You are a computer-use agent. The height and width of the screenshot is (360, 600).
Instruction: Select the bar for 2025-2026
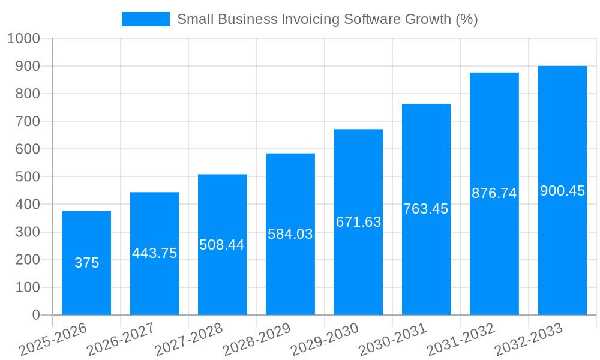point(86,288)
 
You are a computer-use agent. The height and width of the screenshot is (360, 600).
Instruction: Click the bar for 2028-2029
point(290,270)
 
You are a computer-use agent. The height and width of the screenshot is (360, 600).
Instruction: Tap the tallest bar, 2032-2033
point(562,252)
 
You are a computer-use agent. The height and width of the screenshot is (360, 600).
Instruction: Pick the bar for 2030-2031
point(426,264)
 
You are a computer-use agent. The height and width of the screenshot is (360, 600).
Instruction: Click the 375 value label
point(86,263)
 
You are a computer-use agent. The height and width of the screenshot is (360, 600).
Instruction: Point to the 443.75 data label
point(154,253)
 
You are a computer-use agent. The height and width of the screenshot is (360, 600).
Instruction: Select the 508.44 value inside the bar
point(222,245)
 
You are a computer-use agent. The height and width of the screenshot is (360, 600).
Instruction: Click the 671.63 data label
point(358,222)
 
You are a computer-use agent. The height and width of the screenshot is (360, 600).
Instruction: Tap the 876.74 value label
point(494,193)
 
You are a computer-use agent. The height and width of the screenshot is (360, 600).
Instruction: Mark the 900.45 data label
point(562,191)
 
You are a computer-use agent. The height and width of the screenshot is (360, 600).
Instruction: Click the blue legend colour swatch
point(145,19)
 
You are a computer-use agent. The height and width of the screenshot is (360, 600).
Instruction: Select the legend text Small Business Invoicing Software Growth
point(327,19)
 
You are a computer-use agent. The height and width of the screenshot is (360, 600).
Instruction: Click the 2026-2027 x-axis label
point(121,340)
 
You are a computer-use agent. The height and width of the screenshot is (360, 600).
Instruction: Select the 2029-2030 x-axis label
point(325,340)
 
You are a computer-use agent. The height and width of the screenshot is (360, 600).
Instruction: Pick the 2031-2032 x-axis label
point(461,340)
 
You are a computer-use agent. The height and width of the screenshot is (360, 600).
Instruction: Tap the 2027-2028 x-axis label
point(188,340)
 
